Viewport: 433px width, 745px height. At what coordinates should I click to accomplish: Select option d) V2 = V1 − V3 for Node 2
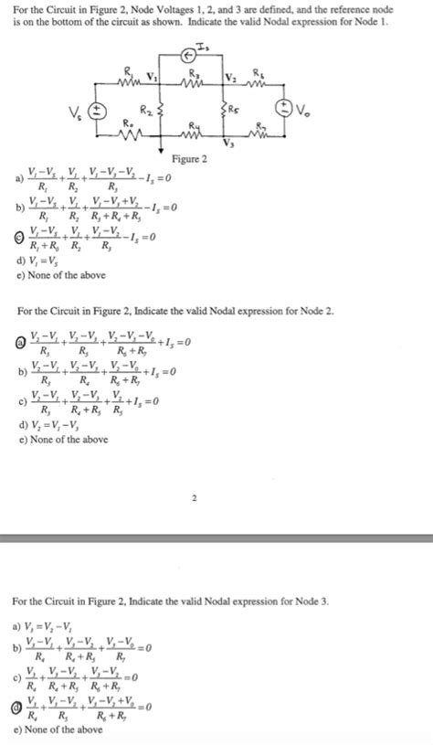(x=57, y=426)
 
